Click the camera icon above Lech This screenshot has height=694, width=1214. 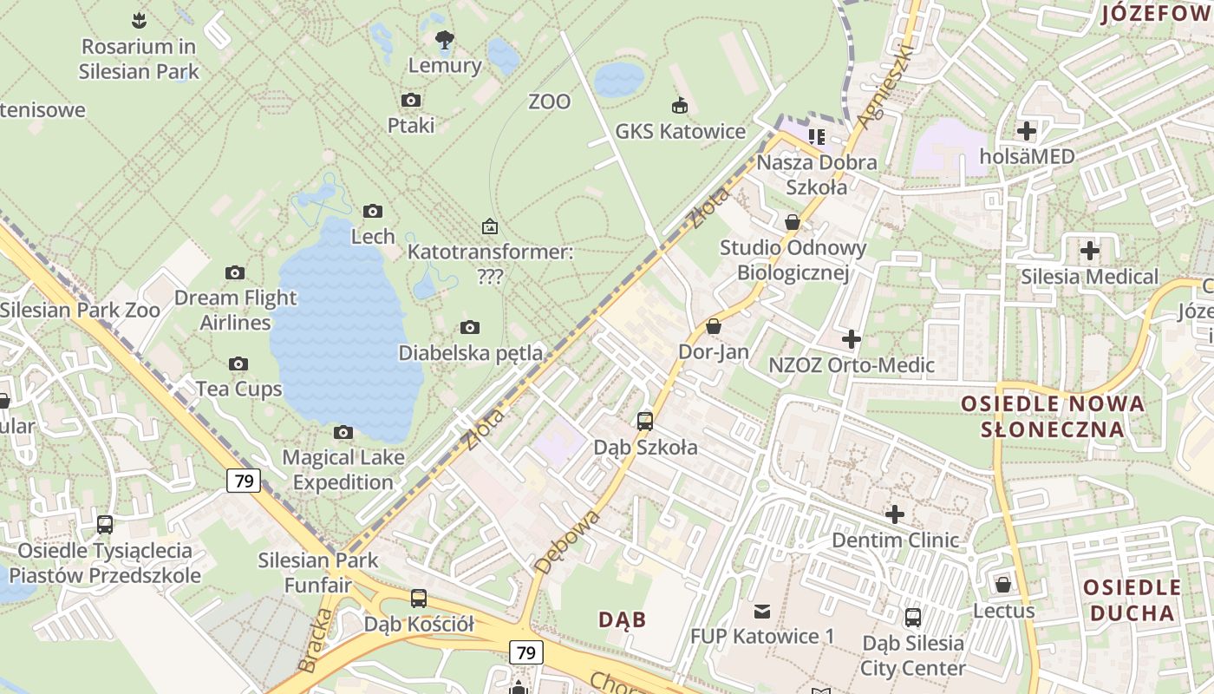(x=373, y=211)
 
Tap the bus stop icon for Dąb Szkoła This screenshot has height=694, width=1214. (x=645, y=422)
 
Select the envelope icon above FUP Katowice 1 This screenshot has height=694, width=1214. (x=762, y=611)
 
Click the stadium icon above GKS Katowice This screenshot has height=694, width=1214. (x=680, y=106)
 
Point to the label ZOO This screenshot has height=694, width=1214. (x=550, y=101)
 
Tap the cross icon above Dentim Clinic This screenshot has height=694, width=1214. (x=895, y=514)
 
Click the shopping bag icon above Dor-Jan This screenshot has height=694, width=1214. (x=714, y=326)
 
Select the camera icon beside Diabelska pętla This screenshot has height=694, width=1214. (x=470, y=327)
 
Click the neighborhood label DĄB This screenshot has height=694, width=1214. (x=623, y=619)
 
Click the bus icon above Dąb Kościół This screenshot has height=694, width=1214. (x=419, y=598)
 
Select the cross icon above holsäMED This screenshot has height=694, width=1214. (x=1027, y=131)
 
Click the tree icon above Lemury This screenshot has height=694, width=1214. (x=445, y=39)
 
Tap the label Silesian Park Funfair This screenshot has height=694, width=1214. (x=318, y=573)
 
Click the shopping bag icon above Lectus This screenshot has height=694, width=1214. (x=1003, y=585)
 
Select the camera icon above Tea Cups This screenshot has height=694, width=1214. (x=238, y=363)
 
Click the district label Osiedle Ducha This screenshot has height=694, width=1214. (x=1132, y=600)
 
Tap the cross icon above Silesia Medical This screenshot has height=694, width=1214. (x=1090, y=252)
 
